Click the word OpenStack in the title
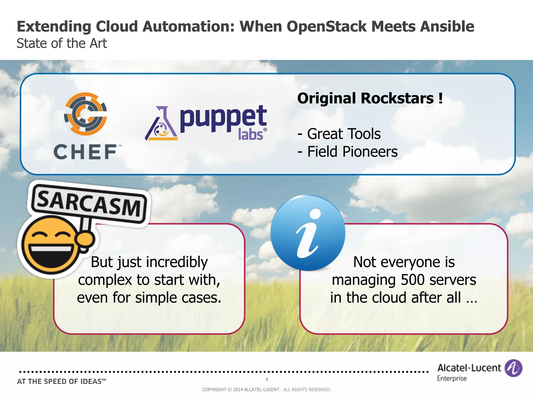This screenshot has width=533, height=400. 327,27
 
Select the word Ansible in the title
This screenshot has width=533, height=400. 447,27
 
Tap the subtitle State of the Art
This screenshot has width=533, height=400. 62,43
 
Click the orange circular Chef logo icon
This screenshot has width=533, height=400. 86,114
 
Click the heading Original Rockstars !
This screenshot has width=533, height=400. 370,98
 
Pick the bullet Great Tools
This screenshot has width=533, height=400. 344,134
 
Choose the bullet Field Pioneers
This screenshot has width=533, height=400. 352,152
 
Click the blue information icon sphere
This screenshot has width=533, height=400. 308,233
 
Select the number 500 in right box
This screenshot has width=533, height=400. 413,280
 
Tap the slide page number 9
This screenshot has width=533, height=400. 267,379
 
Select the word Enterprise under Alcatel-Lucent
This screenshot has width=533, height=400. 452,378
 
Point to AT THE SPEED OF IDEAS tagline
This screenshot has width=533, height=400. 62,382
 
